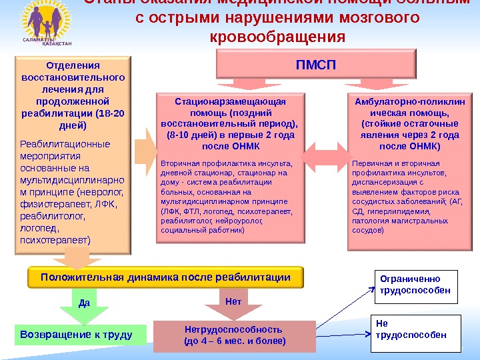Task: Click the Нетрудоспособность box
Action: [234, 336]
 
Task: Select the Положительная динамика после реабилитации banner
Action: [165, 277]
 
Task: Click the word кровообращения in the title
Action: [277, 36]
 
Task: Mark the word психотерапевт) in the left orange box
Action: [57, 238]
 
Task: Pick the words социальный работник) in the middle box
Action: [203, 229]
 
